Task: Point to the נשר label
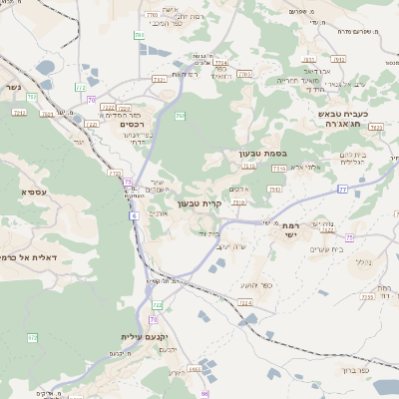coord(12,87)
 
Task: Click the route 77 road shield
coord(342,188)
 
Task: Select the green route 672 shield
coord(32,338)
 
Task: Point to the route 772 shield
coord(80,88)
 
